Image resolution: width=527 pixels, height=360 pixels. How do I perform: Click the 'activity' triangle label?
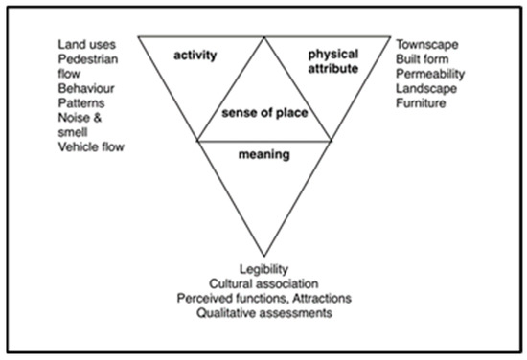pyautogui.click(x=195, y=56)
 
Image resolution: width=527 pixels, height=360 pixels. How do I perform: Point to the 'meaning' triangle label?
pyautogui.click(x=264, y=153)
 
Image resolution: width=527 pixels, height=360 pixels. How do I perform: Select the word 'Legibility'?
pyautogui.click(x=265, y=269)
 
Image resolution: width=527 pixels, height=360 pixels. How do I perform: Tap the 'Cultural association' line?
pyautogui.click(x=265, y=283)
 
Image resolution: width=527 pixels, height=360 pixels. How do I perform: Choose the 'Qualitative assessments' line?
pyautogui.click(x=265, y=312)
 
